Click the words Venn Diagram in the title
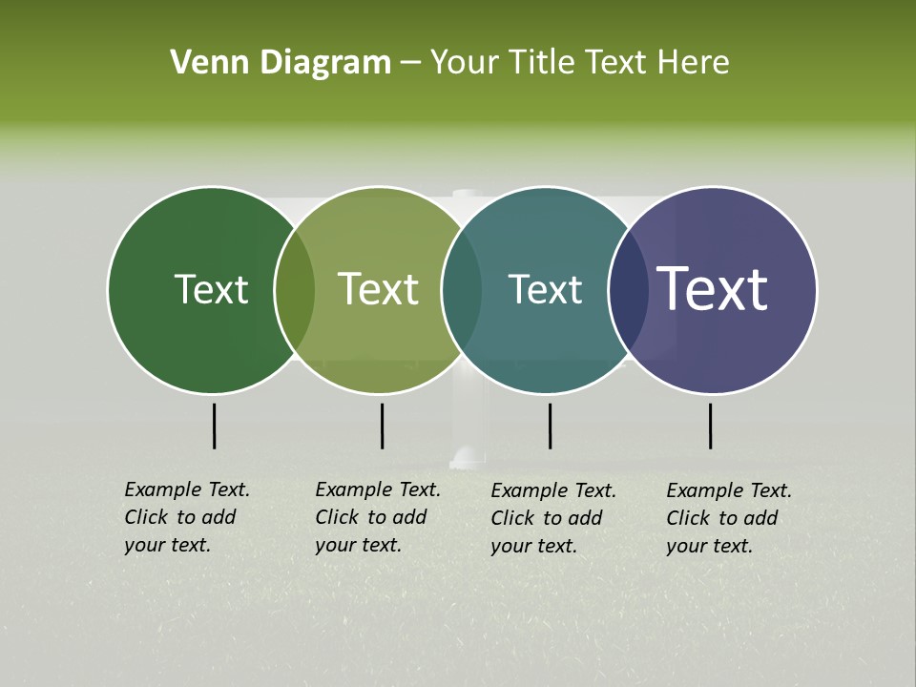(281, 63)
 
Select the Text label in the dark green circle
(211, 289)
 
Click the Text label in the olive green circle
(379, 289)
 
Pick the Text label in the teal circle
(545, 289)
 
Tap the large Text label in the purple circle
(713, 289)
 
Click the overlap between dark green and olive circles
(295, 290)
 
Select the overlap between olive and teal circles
(462, 290)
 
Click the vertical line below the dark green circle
(215, 426)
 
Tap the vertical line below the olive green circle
(382, 426)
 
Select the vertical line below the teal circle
(551, 426)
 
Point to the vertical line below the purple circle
(711, 426)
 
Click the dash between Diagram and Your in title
(410, 63)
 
